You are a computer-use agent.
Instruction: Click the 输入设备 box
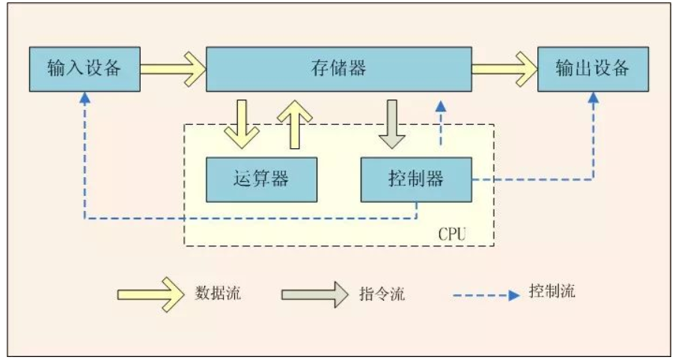click(84, 70)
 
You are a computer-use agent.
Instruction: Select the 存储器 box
click(338, 70)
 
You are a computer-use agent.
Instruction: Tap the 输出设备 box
click(593, 70)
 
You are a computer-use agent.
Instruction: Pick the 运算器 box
click(260, 180)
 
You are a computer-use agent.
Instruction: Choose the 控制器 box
click(416, 180)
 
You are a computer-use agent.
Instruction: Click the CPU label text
click(452, 234)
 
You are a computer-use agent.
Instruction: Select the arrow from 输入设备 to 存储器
click(173, 70)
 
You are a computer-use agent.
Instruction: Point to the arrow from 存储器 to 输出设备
click(504, 70)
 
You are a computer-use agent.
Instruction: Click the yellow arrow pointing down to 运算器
click(241, 123)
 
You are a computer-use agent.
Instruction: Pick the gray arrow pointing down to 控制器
click(391, 123)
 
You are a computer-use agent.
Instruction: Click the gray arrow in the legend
click(314, 293)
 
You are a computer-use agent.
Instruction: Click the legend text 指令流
click(382, 293)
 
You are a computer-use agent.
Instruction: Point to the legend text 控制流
click(552, 291)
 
